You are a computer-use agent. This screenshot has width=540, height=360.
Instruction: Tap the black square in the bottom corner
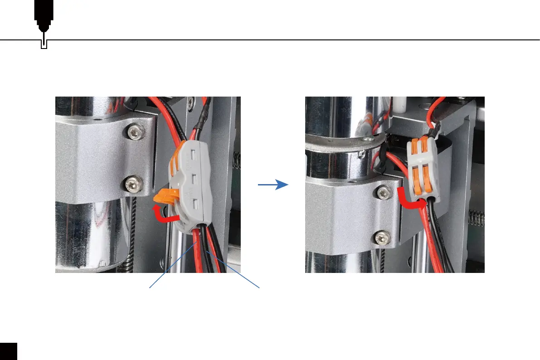8,351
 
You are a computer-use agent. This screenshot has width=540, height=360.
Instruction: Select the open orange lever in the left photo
165,197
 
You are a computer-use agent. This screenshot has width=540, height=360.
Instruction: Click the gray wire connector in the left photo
190,186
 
